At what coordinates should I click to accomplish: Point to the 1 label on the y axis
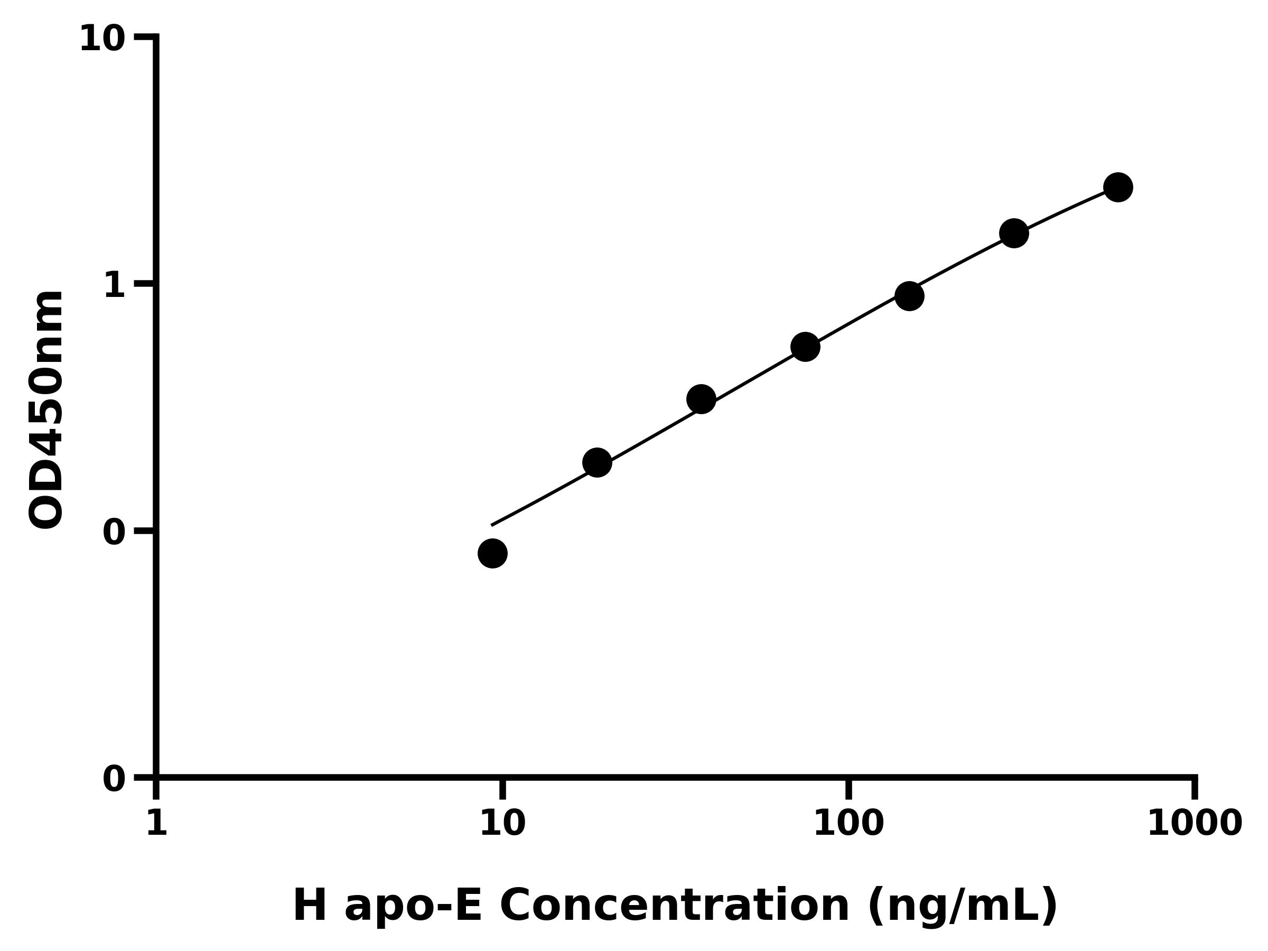pyautogui.click(x=115, y=285)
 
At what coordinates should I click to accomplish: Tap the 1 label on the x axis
pyautogui.click(x=156, y=824)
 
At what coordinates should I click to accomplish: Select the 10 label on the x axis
pyautogui.click(x=502, y=824)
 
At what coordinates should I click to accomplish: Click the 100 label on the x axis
pyautogui.click(x=849, y=824)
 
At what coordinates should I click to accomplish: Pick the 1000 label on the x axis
pyautogui.click(x=1195, y=824)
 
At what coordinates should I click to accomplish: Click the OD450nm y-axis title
pyautogui.click(x=46, y=410)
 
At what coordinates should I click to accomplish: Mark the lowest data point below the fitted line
pyautogui.click(x=492, y=553)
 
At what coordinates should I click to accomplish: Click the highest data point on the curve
pyautogui.click(x=1118, y=187)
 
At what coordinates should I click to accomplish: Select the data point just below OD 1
pyautogui.click(x=909, y=296)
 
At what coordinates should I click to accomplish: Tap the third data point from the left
pyautogui.click(x=701, y=399)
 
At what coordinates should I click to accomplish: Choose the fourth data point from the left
pyautogui.click(x=805, y=347)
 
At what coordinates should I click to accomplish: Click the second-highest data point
pyautogui.click(x=1014, y=234)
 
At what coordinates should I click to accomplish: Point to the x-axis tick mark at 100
pyautogui.click(x=849, y=789)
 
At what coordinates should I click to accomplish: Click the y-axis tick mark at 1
pyautogui.click(x=144, y=284)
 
